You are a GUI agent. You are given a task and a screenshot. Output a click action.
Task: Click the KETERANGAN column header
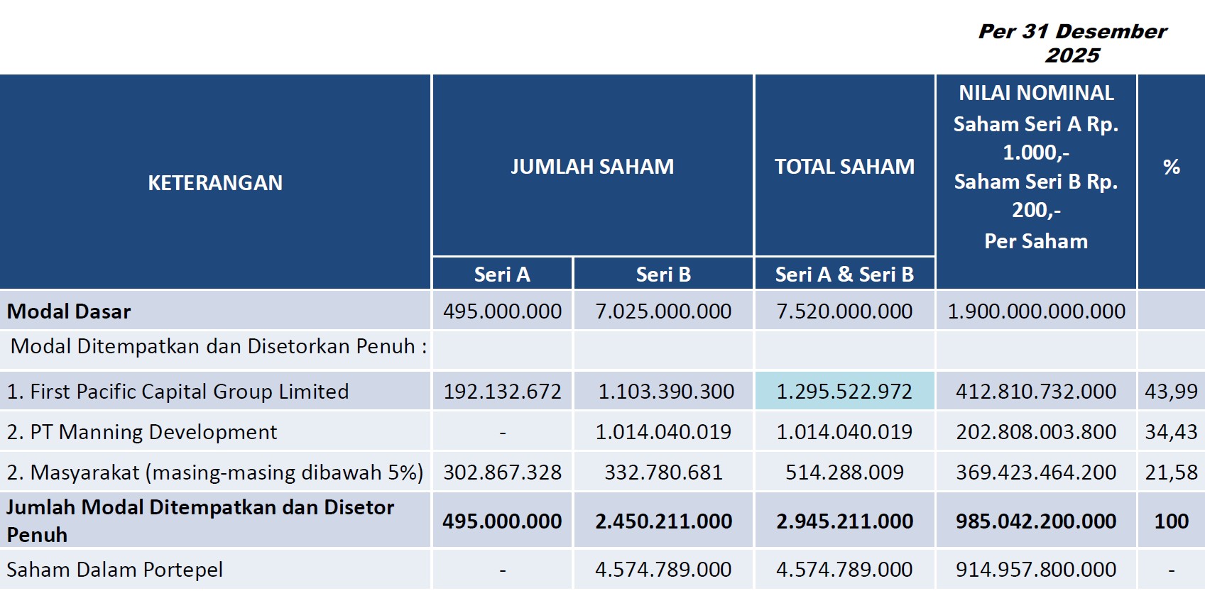(215, 183)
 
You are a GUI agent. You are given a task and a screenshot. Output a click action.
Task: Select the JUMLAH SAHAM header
(592, 167)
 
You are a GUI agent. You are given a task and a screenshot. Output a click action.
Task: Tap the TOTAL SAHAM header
(844, 167)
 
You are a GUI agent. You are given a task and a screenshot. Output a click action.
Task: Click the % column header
(1171, 167)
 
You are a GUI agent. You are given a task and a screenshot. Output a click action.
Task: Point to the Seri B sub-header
(663, 275)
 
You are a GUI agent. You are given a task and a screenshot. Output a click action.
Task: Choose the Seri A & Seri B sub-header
(844, 275)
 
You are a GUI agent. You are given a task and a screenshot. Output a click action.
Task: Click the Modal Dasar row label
(69, 311)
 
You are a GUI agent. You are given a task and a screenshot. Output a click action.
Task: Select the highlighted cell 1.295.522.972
(844, 392)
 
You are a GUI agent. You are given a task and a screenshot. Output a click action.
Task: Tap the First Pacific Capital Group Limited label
(190, 392)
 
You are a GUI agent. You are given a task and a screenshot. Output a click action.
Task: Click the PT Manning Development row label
(153, 432)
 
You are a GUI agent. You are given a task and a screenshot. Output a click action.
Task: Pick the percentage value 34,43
(1171, 432)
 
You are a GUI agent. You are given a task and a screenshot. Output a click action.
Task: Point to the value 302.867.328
(503, 472)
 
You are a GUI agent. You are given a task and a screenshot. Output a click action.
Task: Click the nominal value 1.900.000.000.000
(1036, 311)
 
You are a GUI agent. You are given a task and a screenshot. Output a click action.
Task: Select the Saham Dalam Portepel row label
(114, 570)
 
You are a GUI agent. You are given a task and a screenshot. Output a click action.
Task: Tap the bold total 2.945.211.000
(844, 521)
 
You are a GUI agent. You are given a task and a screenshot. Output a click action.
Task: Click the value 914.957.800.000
(1036, 570)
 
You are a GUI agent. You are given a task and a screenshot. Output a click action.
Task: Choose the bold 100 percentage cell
(1171, 521)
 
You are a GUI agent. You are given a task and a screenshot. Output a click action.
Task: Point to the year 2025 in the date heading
(1073, 55)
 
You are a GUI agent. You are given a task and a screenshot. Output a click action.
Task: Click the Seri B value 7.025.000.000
(663, 311)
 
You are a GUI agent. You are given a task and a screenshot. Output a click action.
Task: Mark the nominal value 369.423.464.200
(1036, 472)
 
